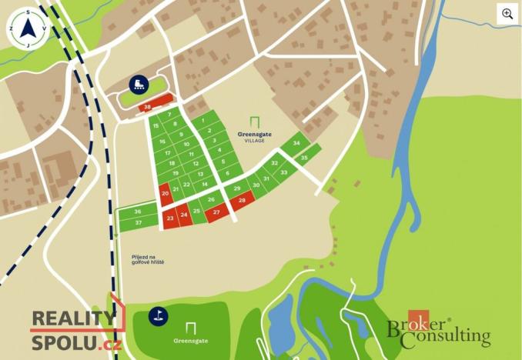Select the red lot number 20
(x=166, y=194)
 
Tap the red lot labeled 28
(x=242, y=201)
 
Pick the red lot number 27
(x=216, y=212)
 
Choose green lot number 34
(x=296, y=143)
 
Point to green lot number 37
(x=138, y=222)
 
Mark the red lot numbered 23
(x=170, y=218)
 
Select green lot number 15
(x=156, y=126)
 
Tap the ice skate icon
(x=139, y=85)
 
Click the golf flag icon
(x=158, y=315)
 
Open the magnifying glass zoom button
(x=507, y=14)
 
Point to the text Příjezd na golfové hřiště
(x=148, y=259)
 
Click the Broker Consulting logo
(x=437, y=330)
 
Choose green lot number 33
(x=284, y=172)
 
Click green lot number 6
(x=228, y=173)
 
